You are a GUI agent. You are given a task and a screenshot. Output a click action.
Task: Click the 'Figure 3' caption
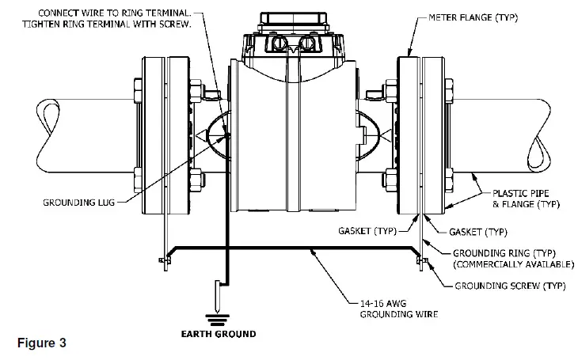tap(42, 344)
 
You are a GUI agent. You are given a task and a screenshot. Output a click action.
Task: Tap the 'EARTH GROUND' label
tap(215, 334)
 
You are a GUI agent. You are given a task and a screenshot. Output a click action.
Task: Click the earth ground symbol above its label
tap(215, 318)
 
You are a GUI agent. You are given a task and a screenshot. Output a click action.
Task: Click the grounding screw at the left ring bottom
tap(165, 260)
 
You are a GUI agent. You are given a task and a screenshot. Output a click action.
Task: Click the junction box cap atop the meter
tap(288, 17)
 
